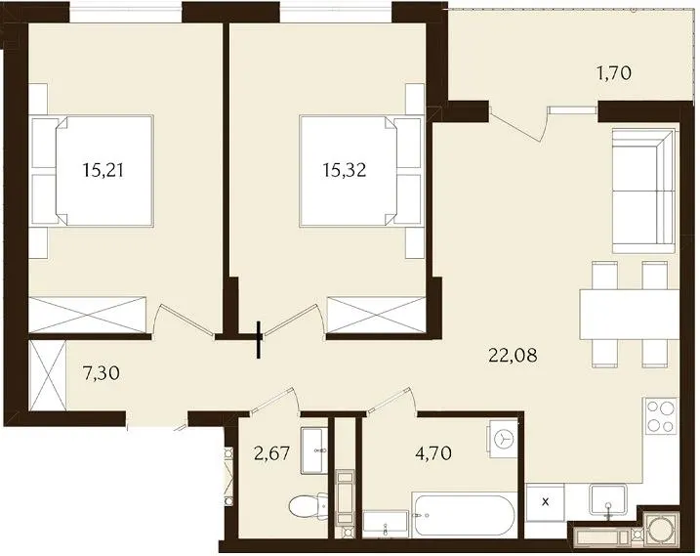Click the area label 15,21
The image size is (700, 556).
103,170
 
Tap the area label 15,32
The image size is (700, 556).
345,170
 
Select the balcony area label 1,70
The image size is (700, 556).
615,73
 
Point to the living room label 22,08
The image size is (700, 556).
513,356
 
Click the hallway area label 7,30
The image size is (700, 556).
102,372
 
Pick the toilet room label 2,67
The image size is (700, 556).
271,452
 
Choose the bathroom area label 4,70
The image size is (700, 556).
433,452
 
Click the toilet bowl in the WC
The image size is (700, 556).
309,506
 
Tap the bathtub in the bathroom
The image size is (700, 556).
464,516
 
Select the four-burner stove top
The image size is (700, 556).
661,415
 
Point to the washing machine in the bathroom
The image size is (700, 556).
503,439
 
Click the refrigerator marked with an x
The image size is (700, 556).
545,502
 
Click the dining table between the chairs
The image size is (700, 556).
630,315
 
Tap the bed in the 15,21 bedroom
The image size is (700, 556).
104,170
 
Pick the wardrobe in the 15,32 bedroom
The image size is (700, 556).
376,315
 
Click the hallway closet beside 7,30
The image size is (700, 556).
48,375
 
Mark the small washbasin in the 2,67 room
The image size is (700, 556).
313,450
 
